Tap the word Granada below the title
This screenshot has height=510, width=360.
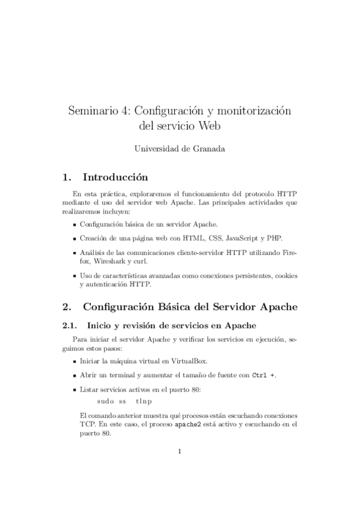coord(206,149)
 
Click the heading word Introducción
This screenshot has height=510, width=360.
coord(115,177)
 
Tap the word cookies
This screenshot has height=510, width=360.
coord(285,275)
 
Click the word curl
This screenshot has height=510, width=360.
coord(142,262)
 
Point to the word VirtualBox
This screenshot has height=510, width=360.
coord(186,361)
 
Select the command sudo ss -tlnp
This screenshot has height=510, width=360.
coord(124,401)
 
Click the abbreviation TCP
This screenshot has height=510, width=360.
coord(87,424)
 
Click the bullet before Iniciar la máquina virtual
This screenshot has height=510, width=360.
coord(74,362)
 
